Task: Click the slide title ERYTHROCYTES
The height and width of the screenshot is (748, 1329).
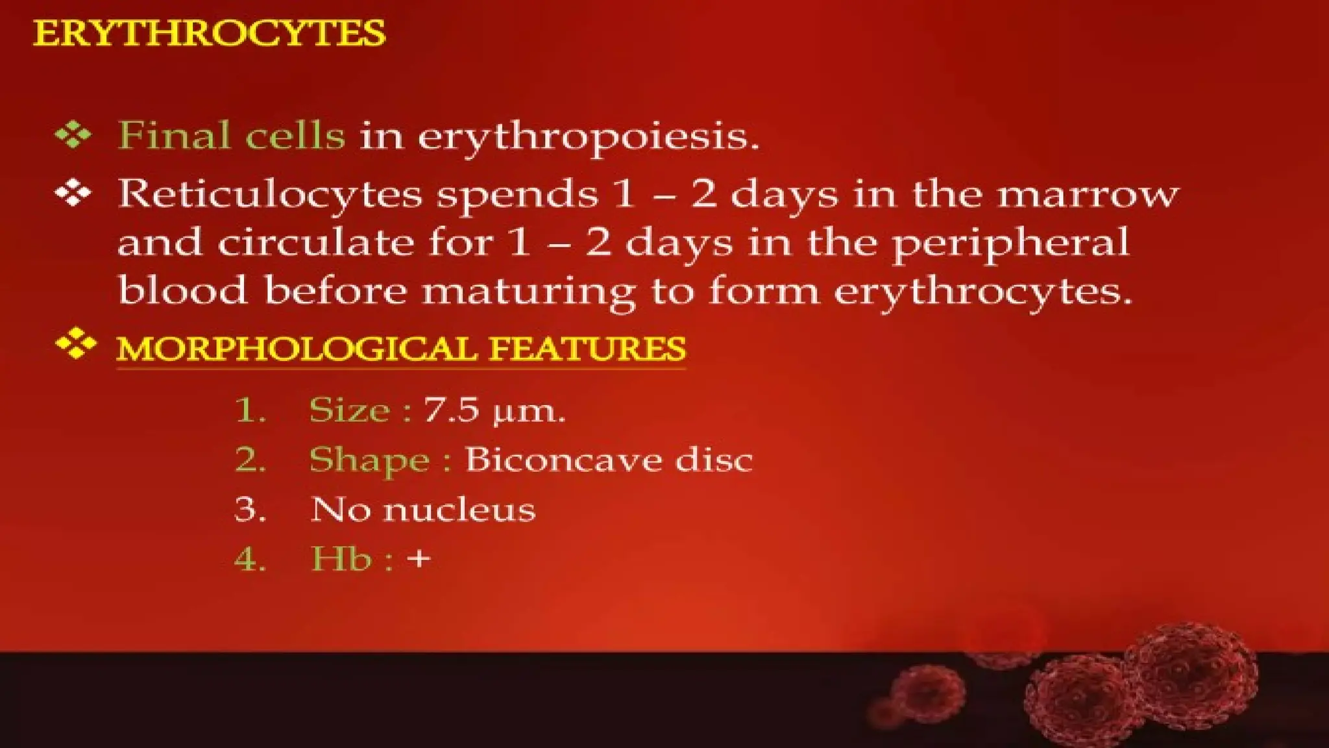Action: [209, 34]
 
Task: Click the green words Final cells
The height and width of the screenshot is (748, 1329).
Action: [231, 136]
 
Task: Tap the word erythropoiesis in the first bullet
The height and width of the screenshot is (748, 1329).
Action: [588, 138]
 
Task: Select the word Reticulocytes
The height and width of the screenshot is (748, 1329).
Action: [269, 194]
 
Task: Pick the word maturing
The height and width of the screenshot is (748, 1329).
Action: [528, 292]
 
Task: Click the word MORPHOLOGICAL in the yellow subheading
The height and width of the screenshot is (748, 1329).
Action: [297, 349]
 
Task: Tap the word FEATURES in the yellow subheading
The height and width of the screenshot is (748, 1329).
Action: [587, 349]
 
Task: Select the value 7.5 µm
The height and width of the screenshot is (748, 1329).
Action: [494, 410]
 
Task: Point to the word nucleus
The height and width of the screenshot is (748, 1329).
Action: [459, 510]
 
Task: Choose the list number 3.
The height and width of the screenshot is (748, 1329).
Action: [250, 510]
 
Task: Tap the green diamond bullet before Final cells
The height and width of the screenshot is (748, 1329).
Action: [73, 134]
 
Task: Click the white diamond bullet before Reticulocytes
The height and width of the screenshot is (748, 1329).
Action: [73, 193]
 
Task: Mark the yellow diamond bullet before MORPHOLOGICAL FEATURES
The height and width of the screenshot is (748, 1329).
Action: [75, 343]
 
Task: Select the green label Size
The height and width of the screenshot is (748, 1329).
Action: [349, 410]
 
